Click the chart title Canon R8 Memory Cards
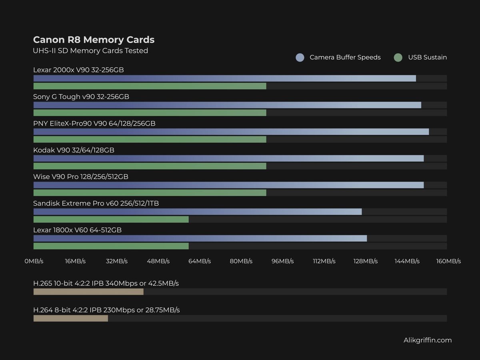pyautogui.click(x=94, y=40)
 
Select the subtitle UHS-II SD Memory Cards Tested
pyautogui.click(x=90, y=51)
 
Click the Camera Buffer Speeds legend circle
pyautogui.click(x=300, y=58)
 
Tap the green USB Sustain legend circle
pyautogui.click(x=398, y=58)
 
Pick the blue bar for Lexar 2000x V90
pyautogui.click(x=224, y=78)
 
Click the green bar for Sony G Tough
pyautogui.click(x=150, y=113)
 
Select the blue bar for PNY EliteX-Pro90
pyautogui.click(x=231, y=132)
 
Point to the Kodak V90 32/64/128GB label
pyautogui.click(x=74, y=150)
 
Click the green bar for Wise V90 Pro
pyautogui.click(x=150, y=193)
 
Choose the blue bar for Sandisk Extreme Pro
pyautogui.click(x=197, y=212)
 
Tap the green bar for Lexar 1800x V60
pyautogui.click(x=111, y=246)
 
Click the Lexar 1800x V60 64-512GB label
pyautogui.click(x=77, y=230)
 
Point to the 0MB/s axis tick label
pyautogui.click(x=34, y=261)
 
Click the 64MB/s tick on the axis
pyautogui.click(x=200, y=261)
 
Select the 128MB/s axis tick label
pyautogui.click(x=365, y=261)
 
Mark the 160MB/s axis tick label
pyautogui.click(x=448, y=261)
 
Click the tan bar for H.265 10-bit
pyautogui.click(x=88, y=292)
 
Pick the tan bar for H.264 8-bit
pyautogui.click(x=70, y=318)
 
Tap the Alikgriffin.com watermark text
pyautogui.click(x=428, y=340)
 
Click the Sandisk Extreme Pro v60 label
pyautogui.click(x=96, y=203)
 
